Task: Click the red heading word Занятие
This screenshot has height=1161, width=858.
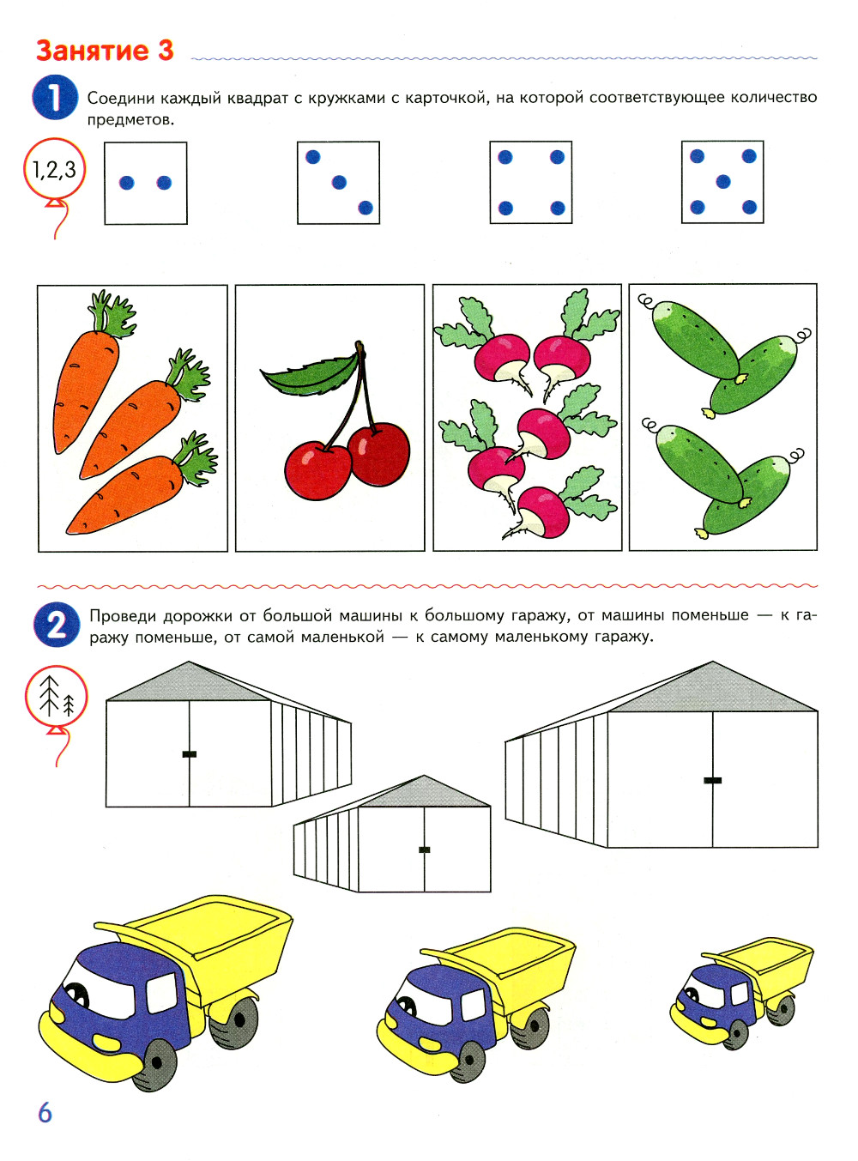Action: click(92, 51)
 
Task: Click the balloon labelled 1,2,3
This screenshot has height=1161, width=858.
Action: click(54, 169)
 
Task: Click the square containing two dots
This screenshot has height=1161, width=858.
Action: click(146, 184)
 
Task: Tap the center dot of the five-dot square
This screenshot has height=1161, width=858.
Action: click(723, 182)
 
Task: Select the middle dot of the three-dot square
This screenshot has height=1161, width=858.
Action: click(339, 182)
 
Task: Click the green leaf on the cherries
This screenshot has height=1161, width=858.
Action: click(310, 375)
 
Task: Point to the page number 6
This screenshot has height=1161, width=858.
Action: click(45, 1112)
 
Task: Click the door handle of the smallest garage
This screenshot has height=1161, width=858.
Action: click(424, 850)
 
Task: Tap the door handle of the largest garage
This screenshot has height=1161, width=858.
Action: click(712, 781)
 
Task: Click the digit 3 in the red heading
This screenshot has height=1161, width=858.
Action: click(165, 51)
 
